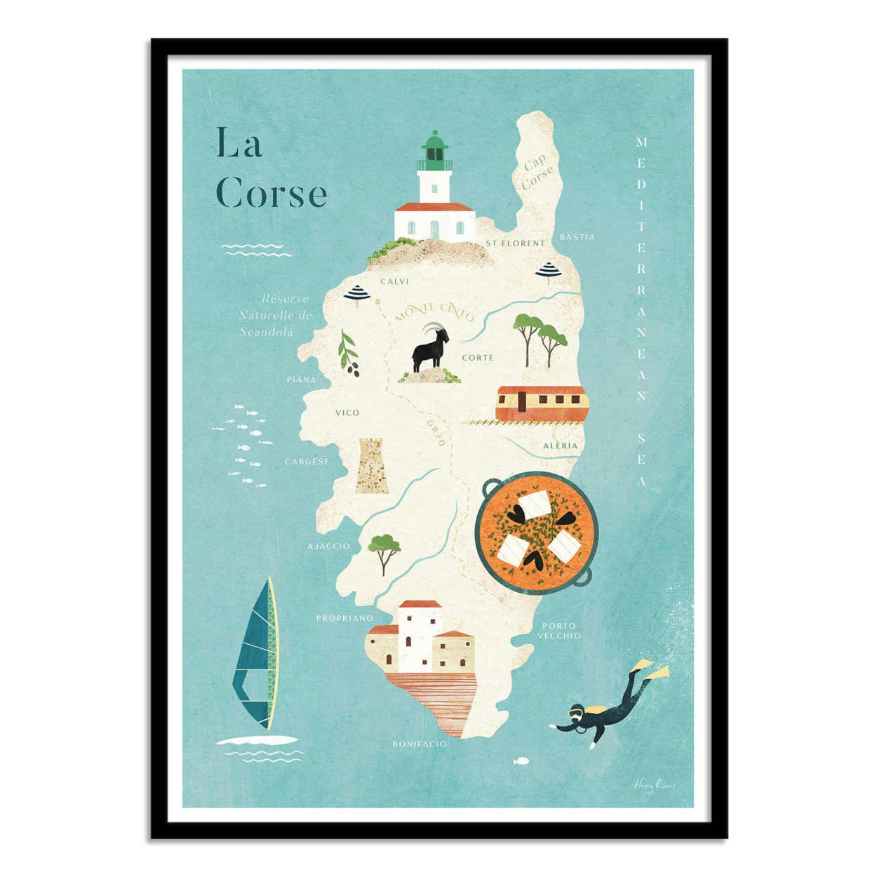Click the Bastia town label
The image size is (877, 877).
pos(577,237)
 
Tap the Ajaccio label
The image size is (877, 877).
pos(328,546)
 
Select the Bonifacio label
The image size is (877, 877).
pos(419,744)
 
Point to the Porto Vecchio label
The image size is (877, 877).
pos(559,630)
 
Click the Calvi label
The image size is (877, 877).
pos(394,281)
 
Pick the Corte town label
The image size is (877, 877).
pos(478,358)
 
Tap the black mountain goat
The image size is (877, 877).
pos(429,349)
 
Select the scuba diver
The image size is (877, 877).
pos(609,704)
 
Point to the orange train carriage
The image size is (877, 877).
pos(541,403)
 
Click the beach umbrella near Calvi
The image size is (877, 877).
pos(358,293)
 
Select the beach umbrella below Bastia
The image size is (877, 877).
pos(548,270)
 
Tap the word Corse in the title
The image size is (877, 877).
pos(271,194)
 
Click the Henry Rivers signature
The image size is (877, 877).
pos(654,785)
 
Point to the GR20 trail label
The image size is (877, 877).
pos(436,432)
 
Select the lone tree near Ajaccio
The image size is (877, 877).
pos(384,551)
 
